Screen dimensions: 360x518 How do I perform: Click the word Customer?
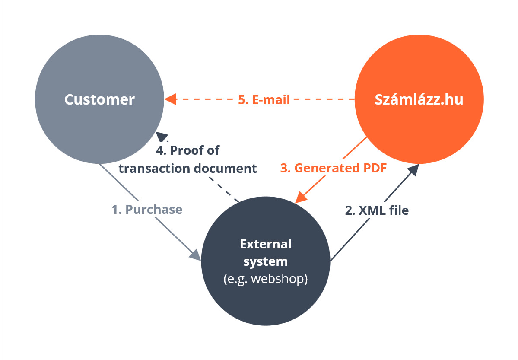coord(99,99)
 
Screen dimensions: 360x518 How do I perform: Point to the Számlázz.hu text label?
coord(419,99)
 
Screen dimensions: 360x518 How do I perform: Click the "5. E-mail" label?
coord(264,99)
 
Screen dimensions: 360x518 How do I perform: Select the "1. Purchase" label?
coord(147,210)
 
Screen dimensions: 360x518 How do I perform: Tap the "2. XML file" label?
coord(377,210)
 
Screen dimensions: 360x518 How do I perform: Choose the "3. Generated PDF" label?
coord(333,168)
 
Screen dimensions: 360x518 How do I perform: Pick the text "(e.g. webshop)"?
coord(266,279)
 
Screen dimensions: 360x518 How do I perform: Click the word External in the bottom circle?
coord(266,244)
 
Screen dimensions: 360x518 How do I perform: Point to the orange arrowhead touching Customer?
coord(170,99)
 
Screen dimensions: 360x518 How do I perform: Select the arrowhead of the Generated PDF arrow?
coord(301,197)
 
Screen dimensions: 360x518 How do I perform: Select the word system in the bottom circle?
coord(266,261)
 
